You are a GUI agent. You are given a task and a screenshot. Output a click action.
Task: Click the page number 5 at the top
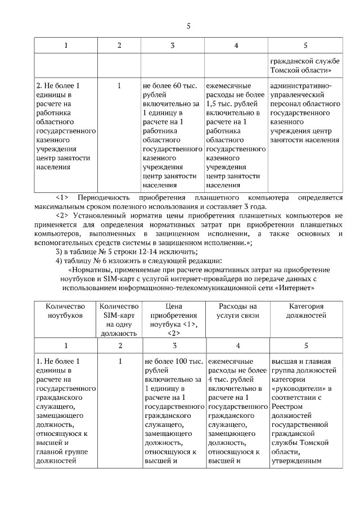coord(188,25)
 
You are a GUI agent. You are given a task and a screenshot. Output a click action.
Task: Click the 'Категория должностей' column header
coord(307,311)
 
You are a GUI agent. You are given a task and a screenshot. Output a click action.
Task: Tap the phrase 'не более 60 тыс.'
coord(170,86)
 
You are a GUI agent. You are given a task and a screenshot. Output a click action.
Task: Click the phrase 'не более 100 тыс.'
coord(172,361)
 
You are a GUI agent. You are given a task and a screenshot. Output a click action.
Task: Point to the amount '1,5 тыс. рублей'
coord(232,104)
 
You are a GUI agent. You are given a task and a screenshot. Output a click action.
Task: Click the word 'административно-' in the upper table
coord(301,86)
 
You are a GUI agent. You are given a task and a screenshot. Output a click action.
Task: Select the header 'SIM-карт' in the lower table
coord(118,315)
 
